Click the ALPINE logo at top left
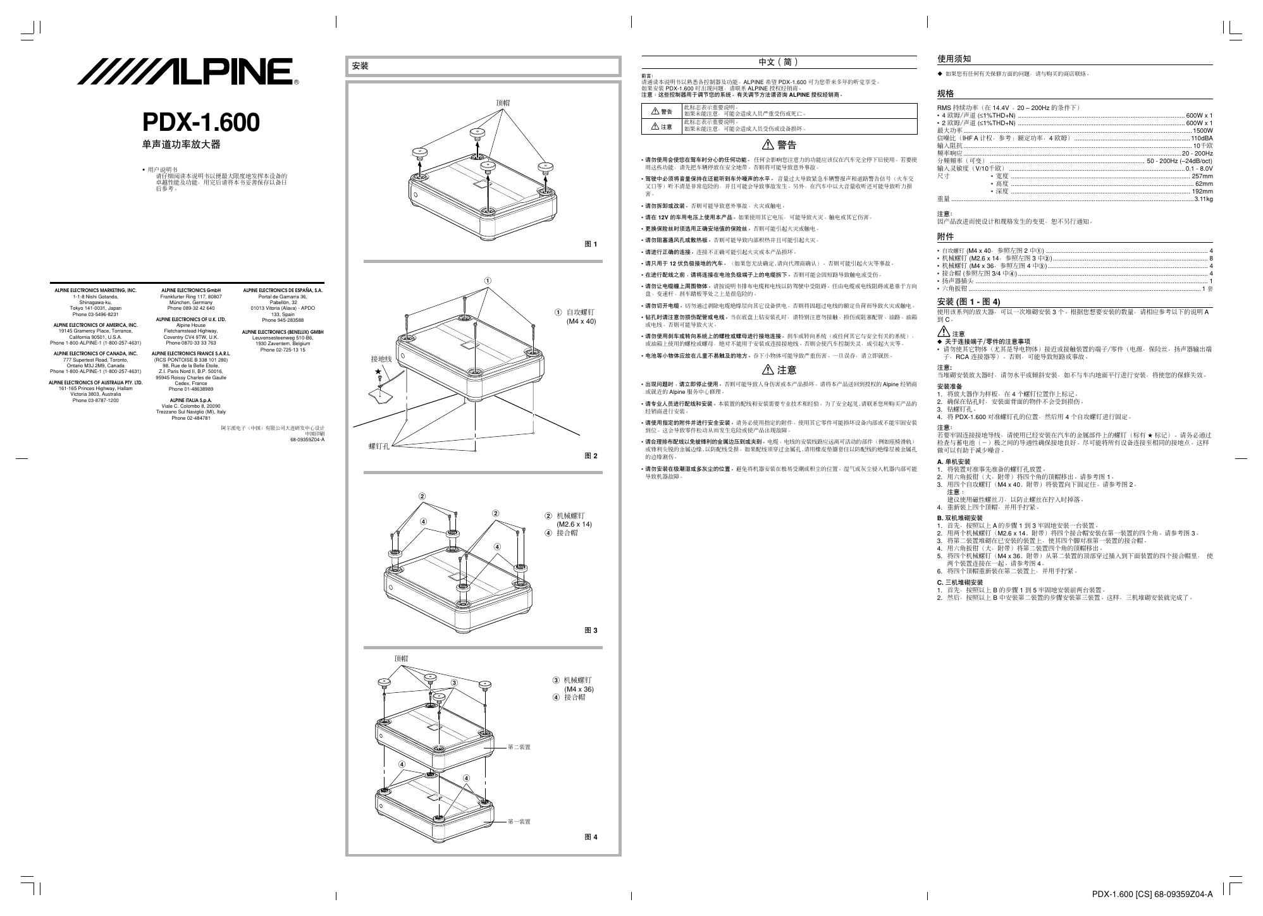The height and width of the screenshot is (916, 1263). click(x=188, y=71)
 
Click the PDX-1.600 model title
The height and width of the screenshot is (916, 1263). click(x=200, y=122)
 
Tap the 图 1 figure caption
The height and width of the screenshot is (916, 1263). click(x=590, y=244)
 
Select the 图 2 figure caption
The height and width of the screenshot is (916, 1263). click(x=590, y=456)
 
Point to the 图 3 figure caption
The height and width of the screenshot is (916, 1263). click(x=590, y=630)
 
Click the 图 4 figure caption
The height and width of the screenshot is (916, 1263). click(x=590, y=837)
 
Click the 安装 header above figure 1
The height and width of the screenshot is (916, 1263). click(x=360, y=66)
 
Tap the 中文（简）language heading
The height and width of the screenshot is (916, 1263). click(x=779, y=62)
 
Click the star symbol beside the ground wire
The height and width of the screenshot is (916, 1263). click(x=378, y=372)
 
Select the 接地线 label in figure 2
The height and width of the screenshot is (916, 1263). click(x=381, y=359)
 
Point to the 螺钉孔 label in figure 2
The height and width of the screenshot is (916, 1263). click(x=379, y=446)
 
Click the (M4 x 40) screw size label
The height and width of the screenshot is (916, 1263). click(x=581, y=321)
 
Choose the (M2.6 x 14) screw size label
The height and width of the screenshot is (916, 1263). click(x=574, y=524)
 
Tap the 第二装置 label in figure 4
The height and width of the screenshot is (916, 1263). click(x=519, y=747)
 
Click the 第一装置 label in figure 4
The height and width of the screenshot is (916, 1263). click(x=519, y=822)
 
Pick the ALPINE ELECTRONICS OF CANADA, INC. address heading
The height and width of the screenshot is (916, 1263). click(x=95, y=353)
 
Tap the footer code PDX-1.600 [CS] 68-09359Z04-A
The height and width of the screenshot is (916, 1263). click(x=1152, y=894)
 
